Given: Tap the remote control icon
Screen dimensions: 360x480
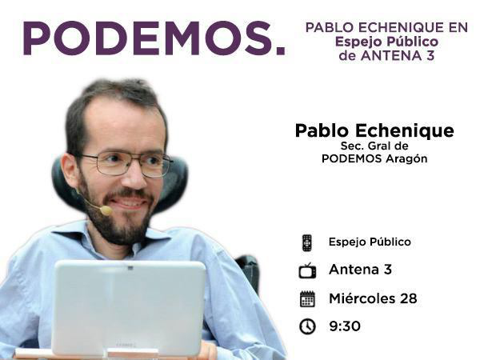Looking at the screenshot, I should coord(306,242).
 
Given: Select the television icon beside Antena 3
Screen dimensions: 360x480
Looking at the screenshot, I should coord(307,270).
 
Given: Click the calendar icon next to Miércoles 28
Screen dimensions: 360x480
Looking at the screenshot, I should coord(307,299).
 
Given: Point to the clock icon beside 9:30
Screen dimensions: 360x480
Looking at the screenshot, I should coord(307,326).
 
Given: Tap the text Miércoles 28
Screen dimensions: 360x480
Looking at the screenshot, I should coord(372,299).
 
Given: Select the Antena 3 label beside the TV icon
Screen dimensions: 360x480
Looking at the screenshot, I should coord(360,270).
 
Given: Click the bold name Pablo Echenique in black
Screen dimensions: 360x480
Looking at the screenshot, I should coord(374,131).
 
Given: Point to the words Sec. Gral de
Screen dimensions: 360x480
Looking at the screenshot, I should coord(374,146).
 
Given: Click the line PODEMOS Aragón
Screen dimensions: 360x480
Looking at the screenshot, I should coord(374,158).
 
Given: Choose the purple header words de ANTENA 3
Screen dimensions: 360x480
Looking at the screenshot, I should coord(386,55).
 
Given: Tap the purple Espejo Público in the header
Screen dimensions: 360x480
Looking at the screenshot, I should coord(386,41).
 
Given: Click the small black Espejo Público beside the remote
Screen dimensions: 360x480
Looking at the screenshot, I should coord(370,242).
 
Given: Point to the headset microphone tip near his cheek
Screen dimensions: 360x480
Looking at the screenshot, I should coord(105,210).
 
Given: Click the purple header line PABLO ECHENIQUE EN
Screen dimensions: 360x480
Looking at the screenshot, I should coord(386,27).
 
